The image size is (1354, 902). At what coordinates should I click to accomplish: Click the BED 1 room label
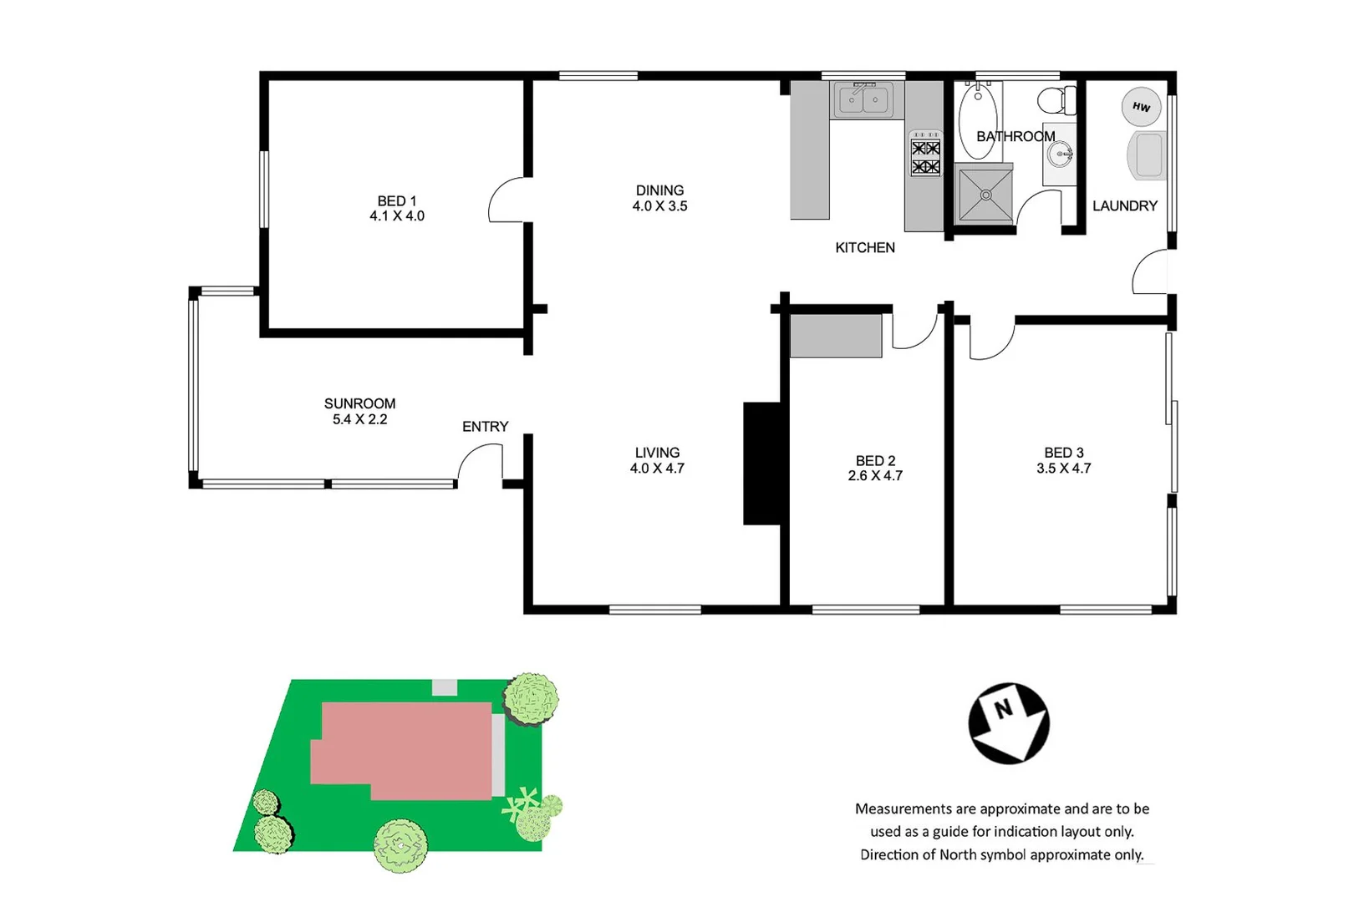[x=396, y=201]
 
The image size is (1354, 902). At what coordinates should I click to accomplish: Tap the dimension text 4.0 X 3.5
[x=659, y=206]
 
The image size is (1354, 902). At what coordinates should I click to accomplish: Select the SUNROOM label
[x=359, y=403]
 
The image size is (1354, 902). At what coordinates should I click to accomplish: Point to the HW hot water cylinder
[x=1141, y=107]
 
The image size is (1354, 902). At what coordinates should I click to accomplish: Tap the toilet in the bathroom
[x=1057, y=100]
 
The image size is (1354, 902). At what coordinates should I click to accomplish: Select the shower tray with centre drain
[x=985, y=195]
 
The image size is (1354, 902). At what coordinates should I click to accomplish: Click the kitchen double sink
[x=863, y=100]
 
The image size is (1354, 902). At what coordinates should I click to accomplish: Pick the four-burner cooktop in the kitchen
[x=925, y=156]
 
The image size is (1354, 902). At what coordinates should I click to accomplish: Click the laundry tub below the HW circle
[x=1147, y=155]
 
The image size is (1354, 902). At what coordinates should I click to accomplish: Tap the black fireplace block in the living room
[x=762, y=464]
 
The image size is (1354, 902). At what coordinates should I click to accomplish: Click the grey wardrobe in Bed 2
[x=836, y=336]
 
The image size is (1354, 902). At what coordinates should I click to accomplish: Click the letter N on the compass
[x=1003, y=709]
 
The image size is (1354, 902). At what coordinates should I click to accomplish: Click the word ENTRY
[x=485, y=427]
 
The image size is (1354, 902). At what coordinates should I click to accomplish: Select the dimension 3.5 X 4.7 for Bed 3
[x=1063, y=469]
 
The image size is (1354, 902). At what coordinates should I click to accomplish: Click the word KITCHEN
[x=864, y=247]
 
